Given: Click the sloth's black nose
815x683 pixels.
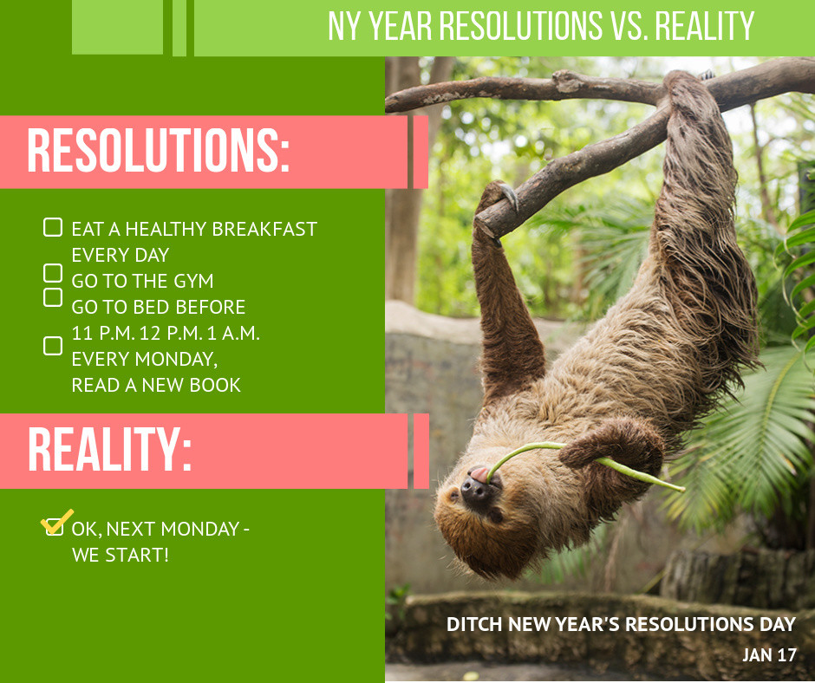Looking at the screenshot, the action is click(x=474, y=490).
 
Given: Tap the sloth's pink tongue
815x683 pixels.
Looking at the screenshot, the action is click(x=479, y=474).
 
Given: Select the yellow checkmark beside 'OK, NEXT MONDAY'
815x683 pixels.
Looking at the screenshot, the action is click(x=56, y=521).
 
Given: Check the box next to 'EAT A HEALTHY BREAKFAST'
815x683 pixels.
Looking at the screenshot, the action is click(x=53, y=227).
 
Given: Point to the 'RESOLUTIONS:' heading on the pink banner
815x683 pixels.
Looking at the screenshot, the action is click(x=158, y=150).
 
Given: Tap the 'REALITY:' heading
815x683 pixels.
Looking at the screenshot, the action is click(x=109, y=449).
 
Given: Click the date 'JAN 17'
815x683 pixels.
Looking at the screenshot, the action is click(x=769, y=654).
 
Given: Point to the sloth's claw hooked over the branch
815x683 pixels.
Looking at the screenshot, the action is click(x=510, y=195).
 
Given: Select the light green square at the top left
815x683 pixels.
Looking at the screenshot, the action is click(x=117, y=27).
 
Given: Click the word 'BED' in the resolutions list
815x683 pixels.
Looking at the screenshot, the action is click(x=150, y=307).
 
